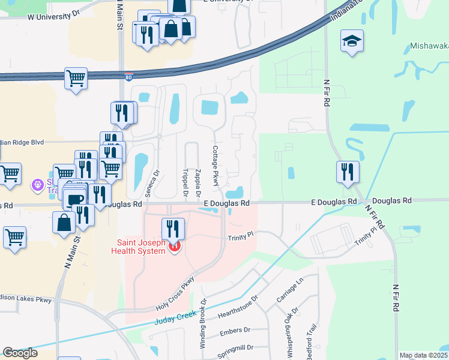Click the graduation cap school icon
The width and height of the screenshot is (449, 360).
(x=352, y=41)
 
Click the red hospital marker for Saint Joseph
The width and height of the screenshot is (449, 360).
(x=174, y=246)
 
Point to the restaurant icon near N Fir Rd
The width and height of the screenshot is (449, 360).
(x=348, y=172)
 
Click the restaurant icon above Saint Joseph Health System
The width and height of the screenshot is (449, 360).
(x=172, y=229)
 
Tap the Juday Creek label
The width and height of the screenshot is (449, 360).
(x=175, y=321)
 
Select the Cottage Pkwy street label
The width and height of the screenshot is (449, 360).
(x=214, y=165)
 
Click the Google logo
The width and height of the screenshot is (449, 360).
(x=20, y=353)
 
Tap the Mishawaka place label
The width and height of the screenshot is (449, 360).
(x=429, y=46)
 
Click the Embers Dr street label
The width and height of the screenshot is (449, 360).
(x=235, y=331)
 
